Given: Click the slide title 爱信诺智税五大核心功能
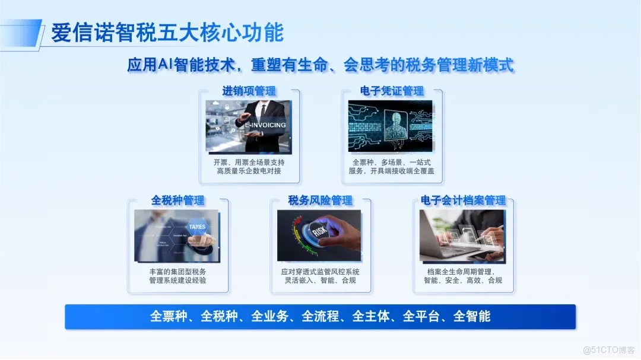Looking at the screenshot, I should point(167,33).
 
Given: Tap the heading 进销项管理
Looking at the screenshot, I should point(249,91).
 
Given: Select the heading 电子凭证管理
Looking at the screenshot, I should point(392,91).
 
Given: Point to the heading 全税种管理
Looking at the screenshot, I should point(178,200).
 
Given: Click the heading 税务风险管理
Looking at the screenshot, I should point(320,200).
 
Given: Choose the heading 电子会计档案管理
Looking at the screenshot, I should point(463,200).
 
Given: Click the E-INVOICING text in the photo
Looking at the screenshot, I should point(265,125).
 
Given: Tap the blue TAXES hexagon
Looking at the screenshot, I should point(197,227).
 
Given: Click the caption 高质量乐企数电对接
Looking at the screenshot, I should point(249,171).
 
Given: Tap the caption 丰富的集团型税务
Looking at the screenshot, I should point(178,272).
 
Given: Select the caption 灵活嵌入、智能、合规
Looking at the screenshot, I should point(320,281).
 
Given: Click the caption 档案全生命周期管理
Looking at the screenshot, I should point(463,272).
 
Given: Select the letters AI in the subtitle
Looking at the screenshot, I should point(166,65).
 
